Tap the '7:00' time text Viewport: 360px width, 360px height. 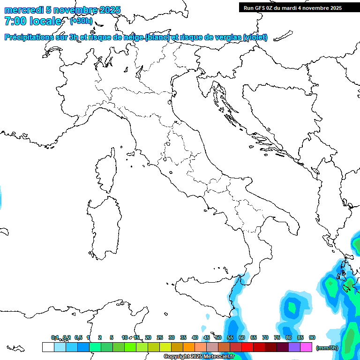(15, 21)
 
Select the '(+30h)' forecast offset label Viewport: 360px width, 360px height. (81, 21)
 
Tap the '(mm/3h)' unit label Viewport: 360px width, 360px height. (327, 348)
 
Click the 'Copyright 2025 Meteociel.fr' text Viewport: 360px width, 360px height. (199, 357)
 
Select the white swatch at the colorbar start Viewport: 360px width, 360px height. (48, 347)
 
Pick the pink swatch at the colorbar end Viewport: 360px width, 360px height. (306, 347)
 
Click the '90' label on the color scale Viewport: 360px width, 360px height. (312, 337)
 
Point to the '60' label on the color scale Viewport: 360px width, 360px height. (242, 337)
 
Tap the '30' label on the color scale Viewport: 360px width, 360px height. (172, 337)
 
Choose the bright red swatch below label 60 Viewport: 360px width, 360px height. (247, 347)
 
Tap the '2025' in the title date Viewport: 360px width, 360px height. (110, 10)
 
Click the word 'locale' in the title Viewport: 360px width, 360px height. (45, 21)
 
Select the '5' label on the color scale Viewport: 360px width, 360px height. (112, 337)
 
